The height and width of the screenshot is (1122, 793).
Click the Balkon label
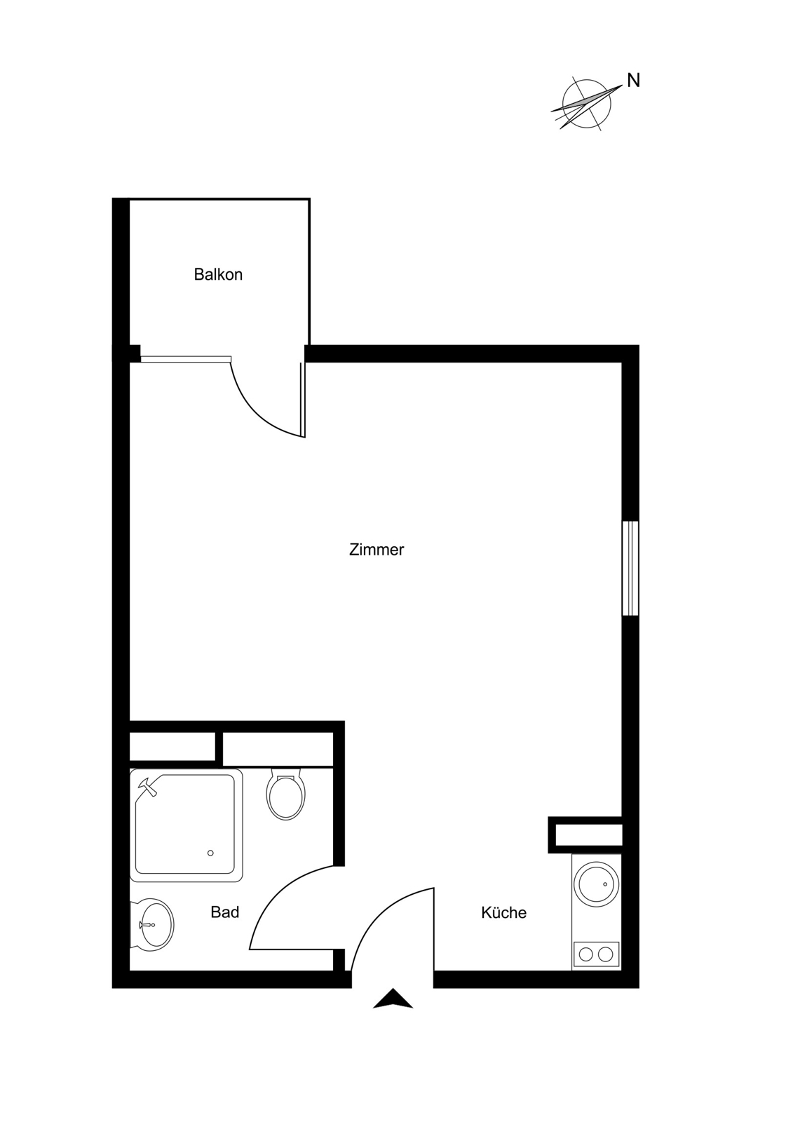[x=218, y=274]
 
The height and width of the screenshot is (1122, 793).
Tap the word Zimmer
[x=377, y=550]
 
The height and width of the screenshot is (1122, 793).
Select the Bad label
[x=225, y=912]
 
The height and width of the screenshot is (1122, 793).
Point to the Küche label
[x=503, y=912]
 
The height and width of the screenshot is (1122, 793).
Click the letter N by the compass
[x=634, y=81]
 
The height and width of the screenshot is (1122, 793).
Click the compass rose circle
[x=587, y=104]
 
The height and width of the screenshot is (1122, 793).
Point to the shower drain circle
[x=210, y=853]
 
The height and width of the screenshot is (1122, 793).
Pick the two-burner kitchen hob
[x=596, y=954]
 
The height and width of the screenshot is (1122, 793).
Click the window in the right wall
[x=630, y=568]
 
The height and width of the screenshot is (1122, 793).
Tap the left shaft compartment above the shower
[x=172, y=746]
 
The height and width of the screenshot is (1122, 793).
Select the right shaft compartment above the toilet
[x=278, y=748]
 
